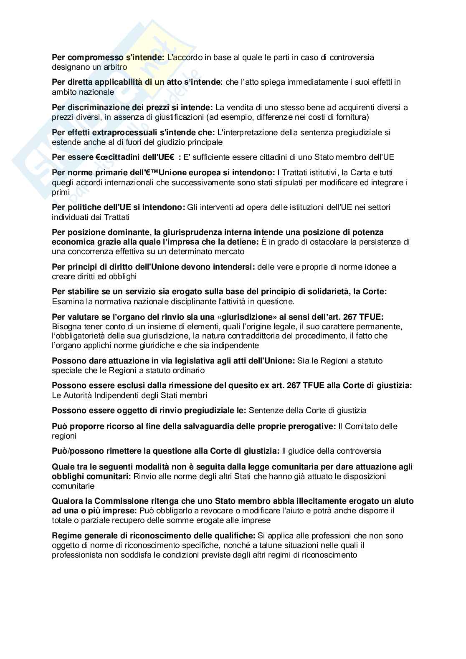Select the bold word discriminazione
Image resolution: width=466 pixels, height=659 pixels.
pos(95,107)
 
